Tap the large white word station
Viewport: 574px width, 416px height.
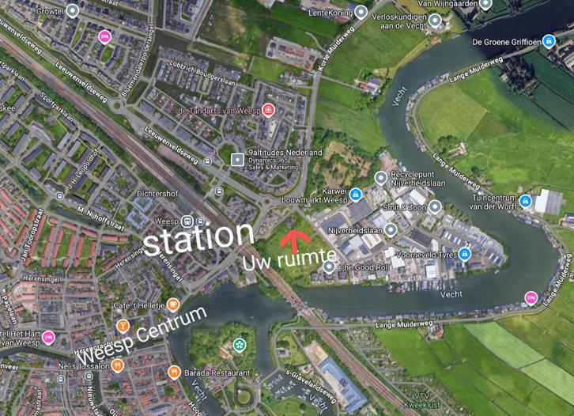point(198,236)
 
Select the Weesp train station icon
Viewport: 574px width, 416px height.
point(187,221)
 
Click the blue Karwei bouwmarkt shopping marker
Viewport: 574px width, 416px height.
point(356,195)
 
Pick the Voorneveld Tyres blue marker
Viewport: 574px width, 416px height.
point(465,254)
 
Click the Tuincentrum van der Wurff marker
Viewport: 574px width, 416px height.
point(525,201)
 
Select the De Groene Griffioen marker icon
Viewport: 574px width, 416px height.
point(549,41)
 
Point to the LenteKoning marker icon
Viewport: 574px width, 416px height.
point(361,13)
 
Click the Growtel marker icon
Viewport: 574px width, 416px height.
point(73,11)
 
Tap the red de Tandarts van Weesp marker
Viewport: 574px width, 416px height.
point(268,110)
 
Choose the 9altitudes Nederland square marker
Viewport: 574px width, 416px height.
point(236,159)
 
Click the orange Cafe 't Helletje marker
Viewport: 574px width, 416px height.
point(173,305)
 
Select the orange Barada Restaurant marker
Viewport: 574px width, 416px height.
point(173,372)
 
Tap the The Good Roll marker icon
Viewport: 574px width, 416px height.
point(329,267)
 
